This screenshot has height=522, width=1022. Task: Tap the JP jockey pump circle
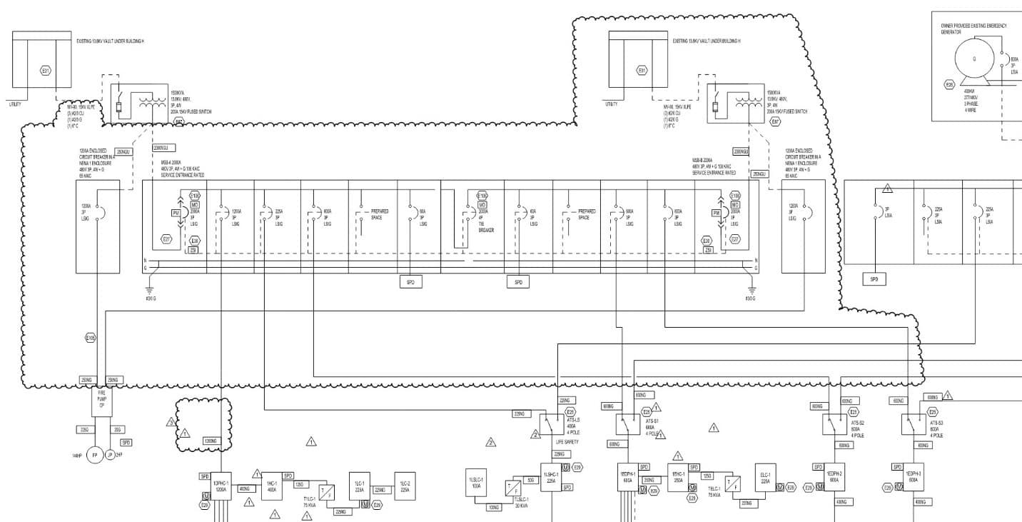(110, 455)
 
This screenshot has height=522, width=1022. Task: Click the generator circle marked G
(974, 60)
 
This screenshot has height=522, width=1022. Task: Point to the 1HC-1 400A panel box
(271, 486)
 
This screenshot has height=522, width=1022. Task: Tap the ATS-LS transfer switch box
(551, 425)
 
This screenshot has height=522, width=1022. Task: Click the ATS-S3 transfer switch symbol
(914, 425)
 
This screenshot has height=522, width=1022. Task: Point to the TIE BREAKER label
(485, 227)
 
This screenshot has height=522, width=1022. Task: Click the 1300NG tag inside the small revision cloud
(211, 441)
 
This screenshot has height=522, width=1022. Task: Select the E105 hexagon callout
(90, 337)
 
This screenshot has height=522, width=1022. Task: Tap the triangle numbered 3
(171, 422)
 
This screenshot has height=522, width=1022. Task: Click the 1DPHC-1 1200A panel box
(221, 486)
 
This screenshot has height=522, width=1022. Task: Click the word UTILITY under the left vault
(15, 104)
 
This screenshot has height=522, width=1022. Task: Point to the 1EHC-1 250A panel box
(678, 478)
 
